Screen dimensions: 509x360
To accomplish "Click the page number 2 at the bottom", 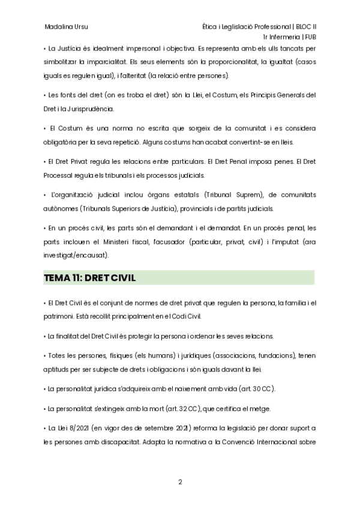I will [x=180, y=482].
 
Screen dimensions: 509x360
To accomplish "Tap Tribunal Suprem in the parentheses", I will [x=229, y=195].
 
